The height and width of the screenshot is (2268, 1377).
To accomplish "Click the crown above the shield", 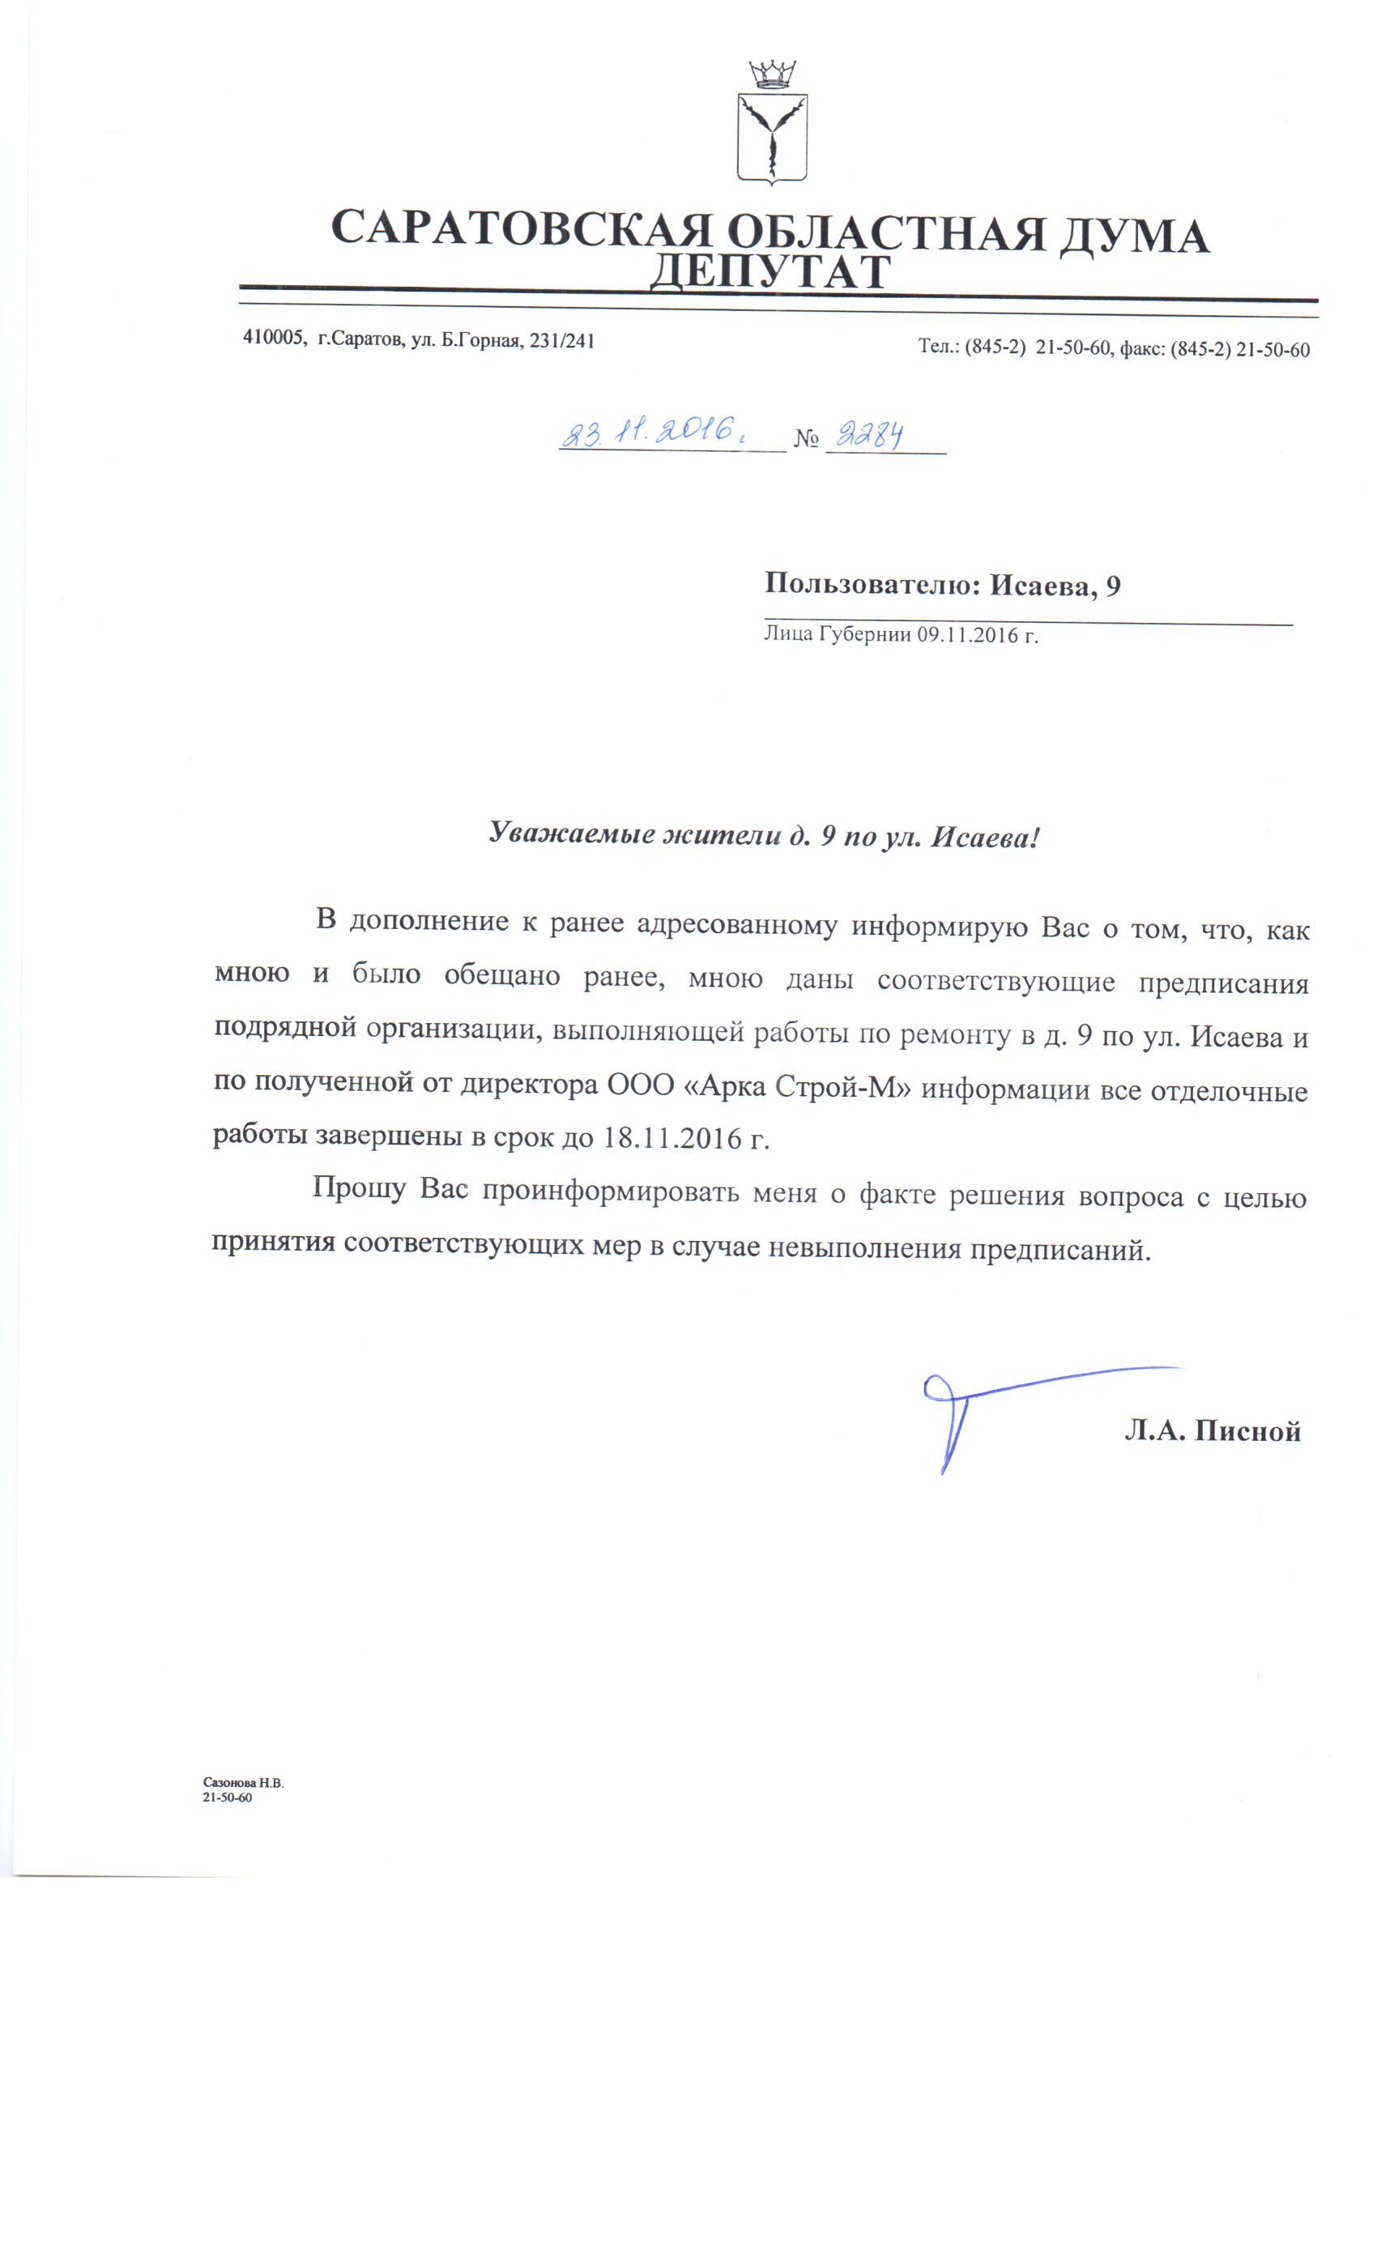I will coord(771,73).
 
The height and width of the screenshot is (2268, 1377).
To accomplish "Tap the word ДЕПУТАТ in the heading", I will coord(770,271).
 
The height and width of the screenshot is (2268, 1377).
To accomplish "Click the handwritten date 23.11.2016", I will coord(649,432).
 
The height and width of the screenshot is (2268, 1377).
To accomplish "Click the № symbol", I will coord(805,439).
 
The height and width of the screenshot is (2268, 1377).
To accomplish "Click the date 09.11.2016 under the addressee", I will coord(968,634).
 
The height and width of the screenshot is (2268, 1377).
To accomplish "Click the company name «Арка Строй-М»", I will coord(797,1086).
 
